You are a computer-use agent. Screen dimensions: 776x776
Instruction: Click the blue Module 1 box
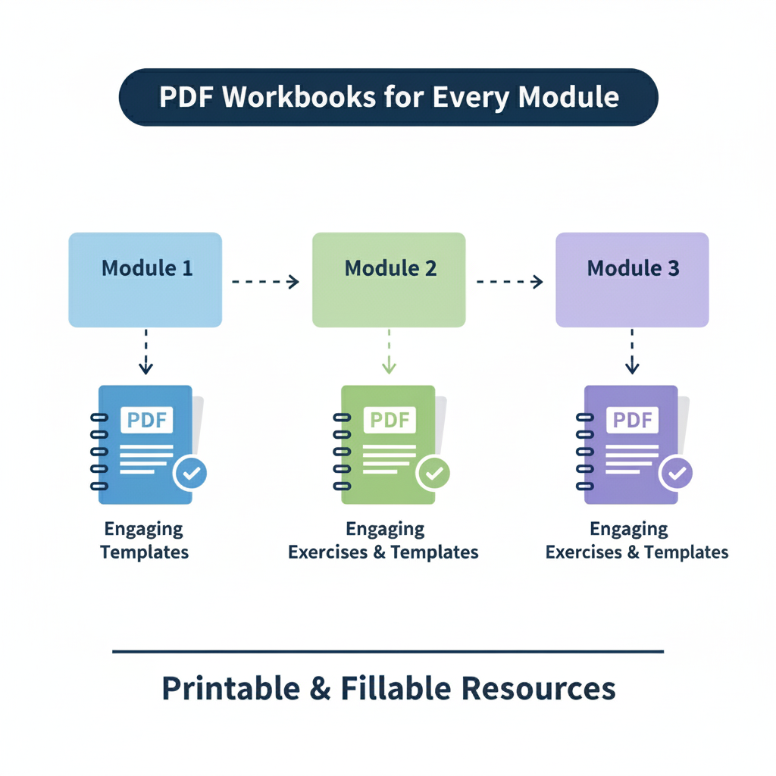click(145, 280)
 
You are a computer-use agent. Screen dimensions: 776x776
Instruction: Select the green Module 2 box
click(389, 280)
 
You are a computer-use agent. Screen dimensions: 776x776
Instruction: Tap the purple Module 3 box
click(632, 280)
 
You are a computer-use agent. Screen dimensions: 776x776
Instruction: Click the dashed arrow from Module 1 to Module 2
click(266, 282)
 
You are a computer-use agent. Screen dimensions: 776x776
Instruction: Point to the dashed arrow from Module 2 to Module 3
click(509, 282)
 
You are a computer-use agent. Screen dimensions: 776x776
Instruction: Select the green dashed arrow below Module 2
click(389, 352)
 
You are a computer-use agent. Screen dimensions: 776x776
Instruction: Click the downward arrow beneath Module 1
click(145, 352)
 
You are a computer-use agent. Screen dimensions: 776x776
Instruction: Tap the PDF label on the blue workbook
click(147, 420)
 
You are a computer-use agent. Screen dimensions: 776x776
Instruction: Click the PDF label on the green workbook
click(390, 420)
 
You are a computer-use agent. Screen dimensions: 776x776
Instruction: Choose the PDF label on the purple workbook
click(633, 420)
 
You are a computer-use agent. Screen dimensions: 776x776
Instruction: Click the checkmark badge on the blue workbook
click(191, 474)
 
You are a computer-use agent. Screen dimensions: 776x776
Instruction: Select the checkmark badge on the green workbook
click(433, 474)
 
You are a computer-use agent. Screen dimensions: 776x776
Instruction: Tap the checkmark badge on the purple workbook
click(676, 474)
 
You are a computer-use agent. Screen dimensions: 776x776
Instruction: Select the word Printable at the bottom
click(221, 688)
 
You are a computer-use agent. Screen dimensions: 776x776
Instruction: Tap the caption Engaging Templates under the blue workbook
click(144, 540)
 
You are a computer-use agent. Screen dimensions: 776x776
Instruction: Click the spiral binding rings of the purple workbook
click(584, 452)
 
